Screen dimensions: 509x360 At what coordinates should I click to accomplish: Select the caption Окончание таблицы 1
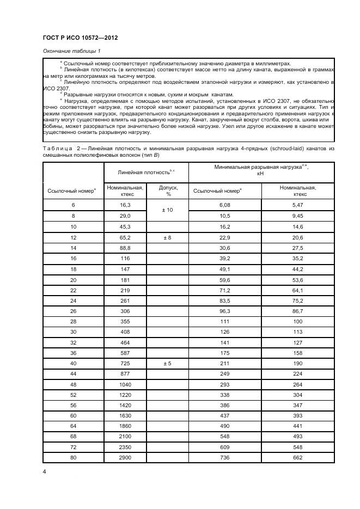[x=71, y=51]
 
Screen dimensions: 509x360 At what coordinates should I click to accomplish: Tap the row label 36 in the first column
[x=73, y=352]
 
